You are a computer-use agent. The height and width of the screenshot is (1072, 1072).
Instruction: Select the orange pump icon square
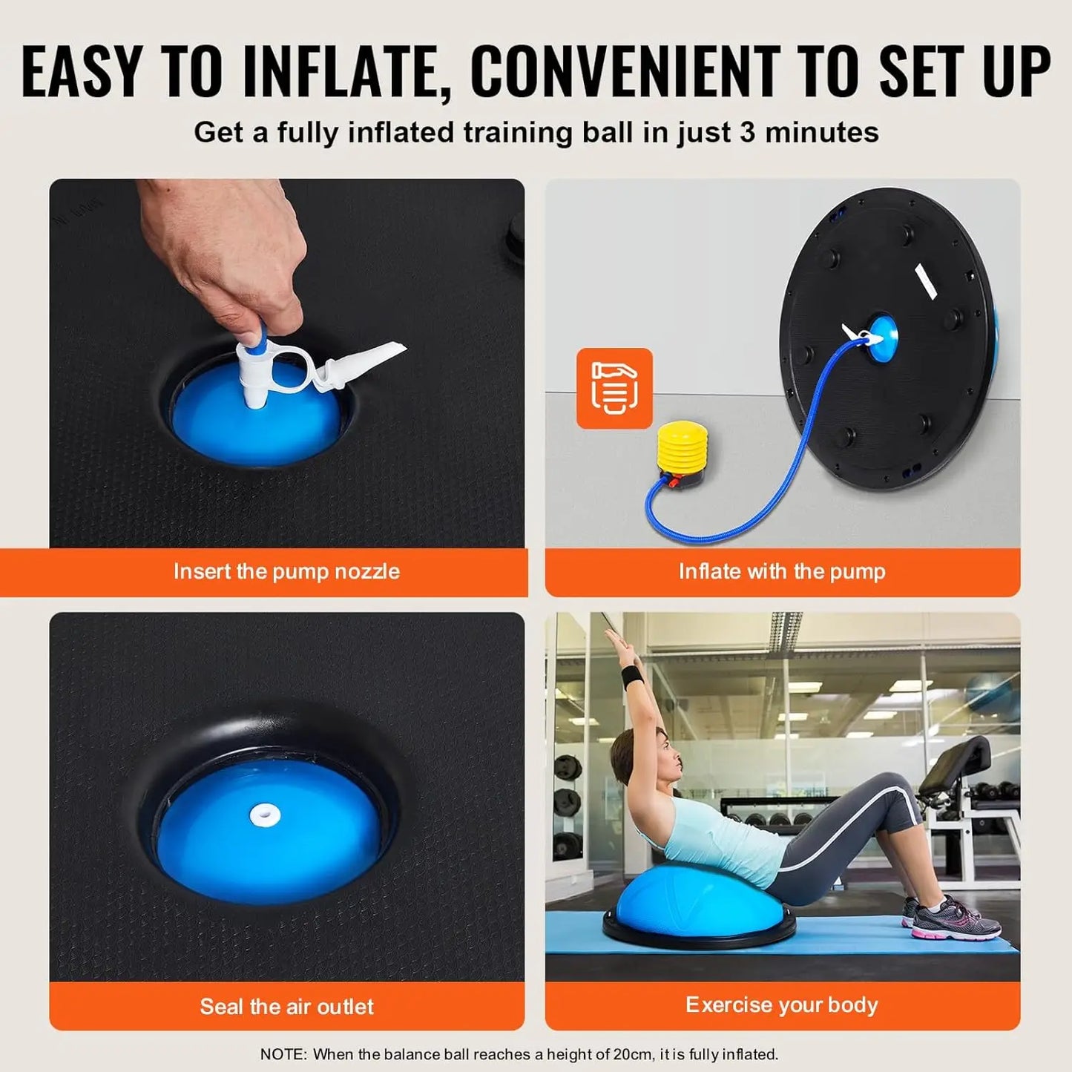pos(614,388)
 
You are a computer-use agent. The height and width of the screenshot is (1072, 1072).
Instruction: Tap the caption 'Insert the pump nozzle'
pos(286,571)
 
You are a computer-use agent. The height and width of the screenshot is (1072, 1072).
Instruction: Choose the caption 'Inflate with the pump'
pos(782,571)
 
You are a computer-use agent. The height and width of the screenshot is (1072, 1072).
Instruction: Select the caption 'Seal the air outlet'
pos(286,1006)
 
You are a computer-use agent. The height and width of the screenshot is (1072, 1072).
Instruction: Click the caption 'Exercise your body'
pos(782,1004)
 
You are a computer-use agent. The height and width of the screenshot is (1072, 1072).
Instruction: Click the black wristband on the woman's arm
pos(632,677)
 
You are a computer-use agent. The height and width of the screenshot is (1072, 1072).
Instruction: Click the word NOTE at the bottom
pos(282,1054)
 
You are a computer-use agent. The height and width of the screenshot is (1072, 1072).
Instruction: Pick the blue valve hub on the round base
pos(881,339)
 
